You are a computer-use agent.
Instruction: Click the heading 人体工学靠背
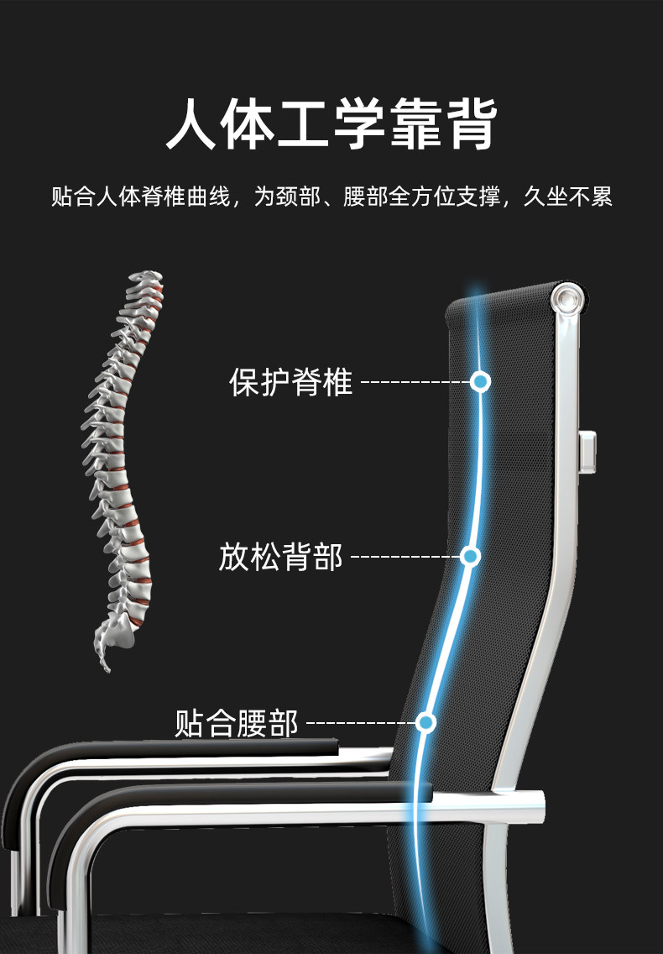pyautogui.click(x=331, y=124)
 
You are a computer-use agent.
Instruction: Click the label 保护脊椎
pyautogui.click(x=290, y=382)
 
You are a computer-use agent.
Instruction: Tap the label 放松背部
pyautogui.click(x=280, y=556)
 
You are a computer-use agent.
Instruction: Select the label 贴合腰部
pyautogui.click(x=237, y=722)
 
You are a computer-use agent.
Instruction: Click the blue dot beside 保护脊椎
pyautogui.click(x=480, y=382)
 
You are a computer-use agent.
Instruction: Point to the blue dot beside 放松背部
pyautogui.click(x=470, y=556)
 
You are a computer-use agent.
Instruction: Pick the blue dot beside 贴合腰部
pyautogui.click(x=426, y=722)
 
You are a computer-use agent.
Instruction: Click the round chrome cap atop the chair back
pyautogui.click(x=568, y=298)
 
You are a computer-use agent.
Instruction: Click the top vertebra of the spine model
pyautogui.click(x=147, y=278)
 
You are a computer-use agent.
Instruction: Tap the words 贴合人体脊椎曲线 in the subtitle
pyautogui.click(x=140, y=197)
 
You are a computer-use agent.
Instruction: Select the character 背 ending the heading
pyautogui.click(x=469, y=124)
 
